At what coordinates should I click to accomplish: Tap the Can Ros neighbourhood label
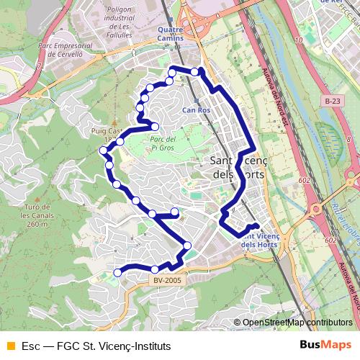(x=195, y=110)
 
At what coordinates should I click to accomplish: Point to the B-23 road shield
(x=332, y=102)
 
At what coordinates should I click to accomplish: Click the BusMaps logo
(x=326, y=344)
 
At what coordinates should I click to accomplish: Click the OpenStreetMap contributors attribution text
(x=297, y=323)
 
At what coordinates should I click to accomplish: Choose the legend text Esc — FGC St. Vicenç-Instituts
(x=96, y=345)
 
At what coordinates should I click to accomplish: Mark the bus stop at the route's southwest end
(x=118, y=273)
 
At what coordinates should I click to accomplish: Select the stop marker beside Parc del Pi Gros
(x=154, y=127)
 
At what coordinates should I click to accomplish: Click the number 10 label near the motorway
(x=298, y=41)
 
